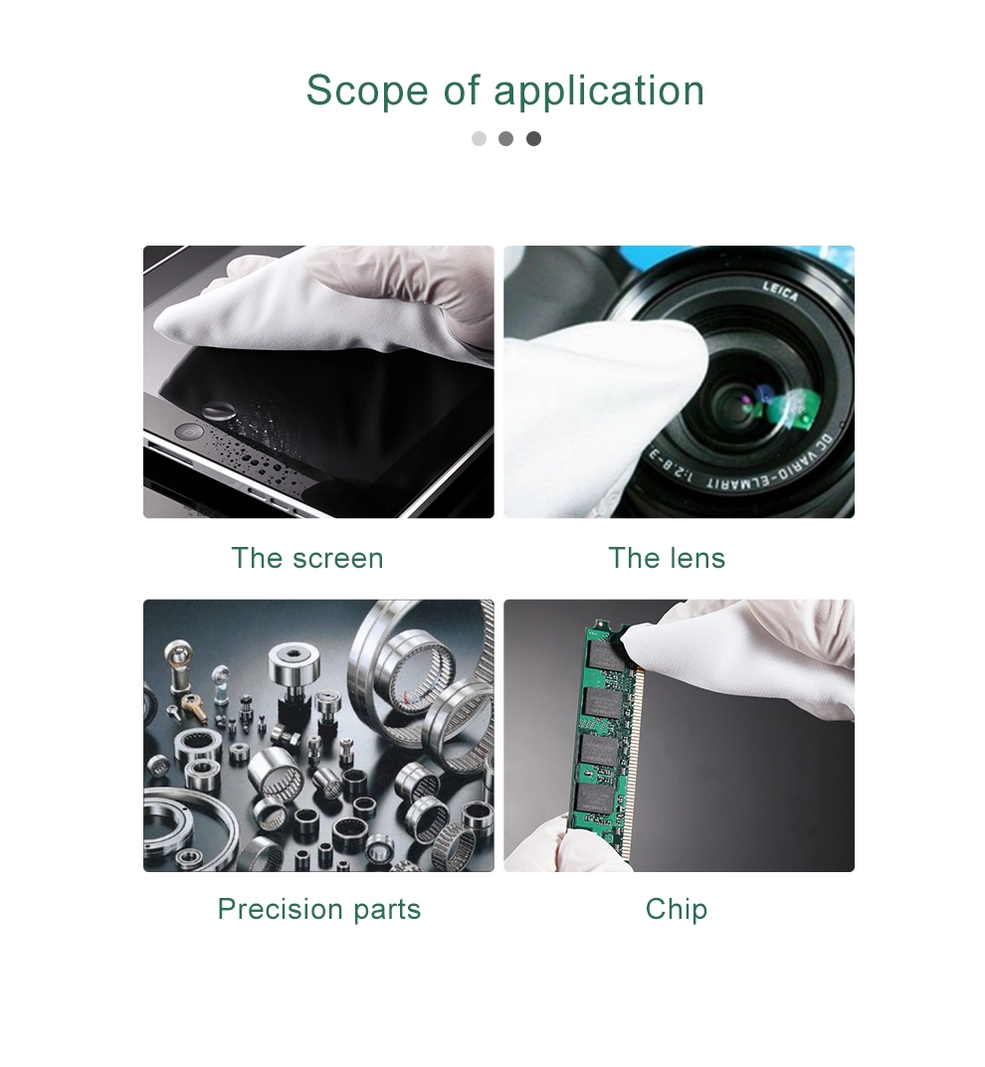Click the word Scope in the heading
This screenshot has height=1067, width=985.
[367, 90]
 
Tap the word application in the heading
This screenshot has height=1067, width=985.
[599, 91]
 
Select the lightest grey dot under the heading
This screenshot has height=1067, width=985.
[479, 139]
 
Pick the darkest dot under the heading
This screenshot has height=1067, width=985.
[533, 139]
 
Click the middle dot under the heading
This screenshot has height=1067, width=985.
[505, 139]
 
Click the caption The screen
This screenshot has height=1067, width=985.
[307, 558]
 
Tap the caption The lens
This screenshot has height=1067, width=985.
[667, 558]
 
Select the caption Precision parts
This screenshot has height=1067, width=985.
[319, 910]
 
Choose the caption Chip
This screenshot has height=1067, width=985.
[677, 910]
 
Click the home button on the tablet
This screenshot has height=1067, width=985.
[189, 433]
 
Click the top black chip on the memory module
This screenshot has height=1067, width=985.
[602, 654]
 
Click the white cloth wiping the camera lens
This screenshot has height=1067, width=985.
[599, 409]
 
